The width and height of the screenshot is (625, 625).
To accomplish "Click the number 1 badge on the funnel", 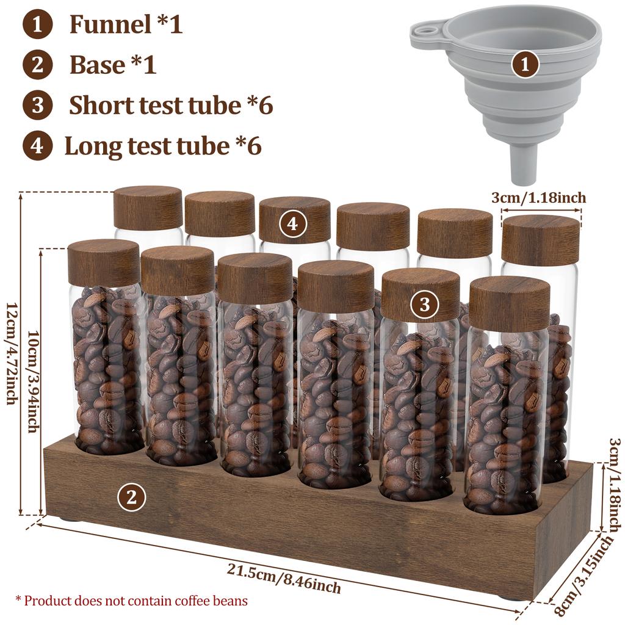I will coord(524,63).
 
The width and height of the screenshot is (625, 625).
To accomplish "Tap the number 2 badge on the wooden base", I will coord(131,498).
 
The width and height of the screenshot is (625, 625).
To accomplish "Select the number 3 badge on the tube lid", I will coord(424,304).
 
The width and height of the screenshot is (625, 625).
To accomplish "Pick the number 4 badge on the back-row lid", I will coord(293,224).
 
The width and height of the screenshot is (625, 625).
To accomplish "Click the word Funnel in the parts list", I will coord(110,24).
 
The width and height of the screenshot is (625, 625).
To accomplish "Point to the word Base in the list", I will coord(97,65).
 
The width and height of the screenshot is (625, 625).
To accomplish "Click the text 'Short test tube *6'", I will coord(170,105).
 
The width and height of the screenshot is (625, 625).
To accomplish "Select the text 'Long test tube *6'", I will coord(163,146).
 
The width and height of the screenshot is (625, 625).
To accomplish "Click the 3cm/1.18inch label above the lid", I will coord(538,197).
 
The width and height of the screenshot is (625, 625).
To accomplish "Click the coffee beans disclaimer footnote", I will coord(131,601).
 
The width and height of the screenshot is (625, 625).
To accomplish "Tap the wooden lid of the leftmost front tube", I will coord(104,262).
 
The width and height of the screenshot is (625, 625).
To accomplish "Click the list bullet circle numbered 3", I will coord(38,105).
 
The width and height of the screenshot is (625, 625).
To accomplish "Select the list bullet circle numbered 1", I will coord(38,24).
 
